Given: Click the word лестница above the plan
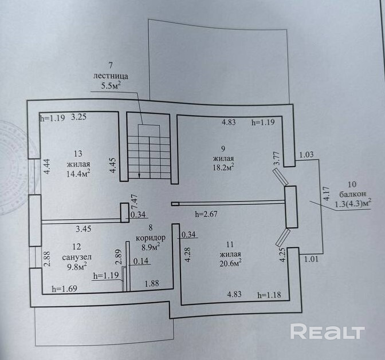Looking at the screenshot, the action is tap(112, 76).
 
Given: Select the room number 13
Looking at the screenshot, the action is tap(78, 153).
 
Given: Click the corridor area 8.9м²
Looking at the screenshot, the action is tap(150, 247).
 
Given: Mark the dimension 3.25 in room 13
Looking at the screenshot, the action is tap(78, 118).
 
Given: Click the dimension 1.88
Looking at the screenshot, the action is tap(152, 282).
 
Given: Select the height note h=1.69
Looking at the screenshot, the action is tap(63, 289).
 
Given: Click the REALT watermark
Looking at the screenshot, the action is tap(327, 332).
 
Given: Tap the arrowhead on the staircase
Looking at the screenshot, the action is tap(140, 175).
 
